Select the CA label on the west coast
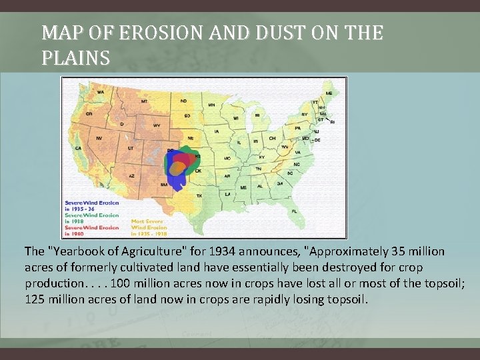(78, 149)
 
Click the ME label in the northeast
(327, 93)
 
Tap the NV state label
(99, 139)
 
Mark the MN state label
(211, 105)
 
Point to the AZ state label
(132, 175)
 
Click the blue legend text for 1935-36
(91, 205)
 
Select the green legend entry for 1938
(91, 218)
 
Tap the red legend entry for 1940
(91, 231)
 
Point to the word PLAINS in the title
(75, 58)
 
